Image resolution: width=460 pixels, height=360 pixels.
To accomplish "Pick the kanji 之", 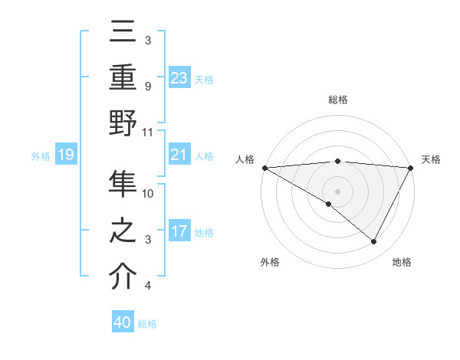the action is click(123, 230).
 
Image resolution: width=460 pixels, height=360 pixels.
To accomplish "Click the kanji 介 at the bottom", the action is click(123, 276).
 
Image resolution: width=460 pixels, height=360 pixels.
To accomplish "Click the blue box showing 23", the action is click(179, 78).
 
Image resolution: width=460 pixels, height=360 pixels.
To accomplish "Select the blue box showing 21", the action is click(179, 155).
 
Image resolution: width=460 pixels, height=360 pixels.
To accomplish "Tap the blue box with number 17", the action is click(179, 231).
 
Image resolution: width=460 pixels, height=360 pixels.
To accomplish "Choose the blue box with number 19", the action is click(65, 155).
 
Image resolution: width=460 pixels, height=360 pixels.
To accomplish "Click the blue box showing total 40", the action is click(122, 322).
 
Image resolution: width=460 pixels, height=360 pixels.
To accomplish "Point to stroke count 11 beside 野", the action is click(147, 132).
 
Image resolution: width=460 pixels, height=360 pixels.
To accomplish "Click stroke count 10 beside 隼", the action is click(148, 193).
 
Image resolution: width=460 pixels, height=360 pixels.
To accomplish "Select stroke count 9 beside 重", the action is click(147, 86).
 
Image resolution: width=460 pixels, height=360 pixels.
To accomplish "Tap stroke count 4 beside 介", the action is click(147, 286).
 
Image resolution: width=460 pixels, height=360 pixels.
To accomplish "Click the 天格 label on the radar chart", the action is click(431, 159).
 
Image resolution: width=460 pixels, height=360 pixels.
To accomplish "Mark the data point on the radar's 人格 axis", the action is click(264, 167).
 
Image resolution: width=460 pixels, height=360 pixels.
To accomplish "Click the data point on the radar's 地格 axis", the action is click(374, 242).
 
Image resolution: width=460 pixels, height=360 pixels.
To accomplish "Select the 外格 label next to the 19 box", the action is click(41, 156).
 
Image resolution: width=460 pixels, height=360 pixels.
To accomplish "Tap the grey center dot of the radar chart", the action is click(337, 190).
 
